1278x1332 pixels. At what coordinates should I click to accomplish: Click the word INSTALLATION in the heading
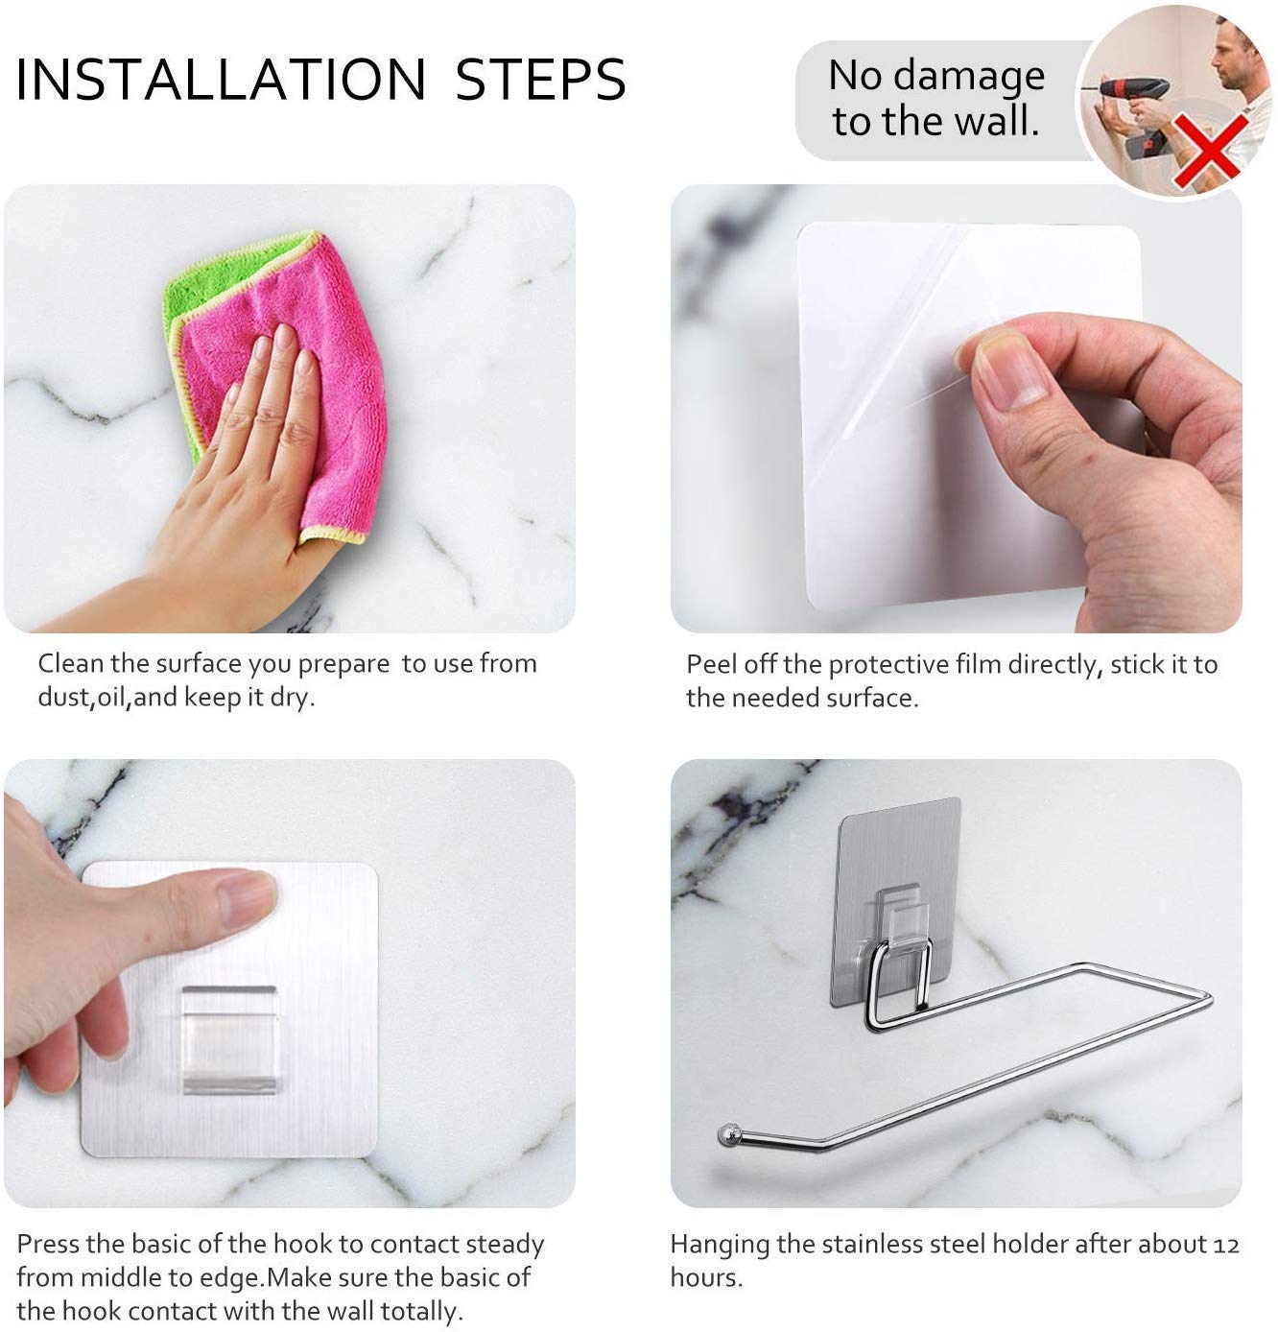click(x=221, y=80)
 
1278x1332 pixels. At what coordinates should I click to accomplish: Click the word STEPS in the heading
click(x=540, y=80)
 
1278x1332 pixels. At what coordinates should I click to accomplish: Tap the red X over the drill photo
click(x=1212, y=153)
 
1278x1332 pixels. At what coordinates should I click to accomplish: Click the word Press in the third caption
click(x=47, y=1245)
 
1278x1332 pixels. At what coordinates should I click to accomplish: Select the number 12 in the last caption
click(x=1225, y=1246)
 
